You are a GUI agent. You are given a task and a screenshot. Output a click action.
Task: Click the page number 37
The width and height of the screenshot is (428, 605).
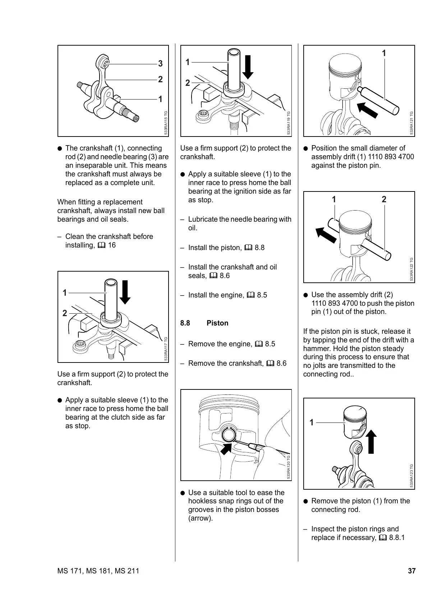(x=411, y=571)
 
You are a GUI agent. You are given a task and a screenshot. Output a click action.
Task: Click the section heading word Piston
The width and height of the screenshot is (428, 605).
(x=217, y=323)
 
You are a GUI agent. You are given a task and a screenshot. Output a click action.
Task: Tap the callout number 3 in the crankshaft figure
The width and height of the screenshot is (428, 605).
(x=160, y=64)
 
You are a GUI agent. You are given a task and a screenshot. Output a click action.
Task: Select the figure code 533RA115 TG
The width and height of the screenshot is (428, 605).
(x=166, y=123)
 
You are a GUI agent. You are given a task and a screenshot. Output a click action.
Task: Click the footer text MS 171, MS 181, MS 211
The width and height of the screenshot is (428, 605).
(x=98, y=571)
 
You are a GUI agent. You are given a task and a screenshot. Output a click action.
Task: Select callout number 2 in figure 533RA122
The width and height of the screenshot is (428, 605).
(x=384, y=199)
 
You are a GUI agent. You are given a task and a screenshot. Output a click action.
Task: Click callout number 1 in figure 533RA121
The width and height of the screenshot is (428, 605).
(x=384, y=53)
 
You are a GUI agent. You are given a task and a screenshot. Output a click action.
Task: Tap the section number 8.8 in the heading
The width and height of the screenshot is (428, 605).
(x=185, y=323)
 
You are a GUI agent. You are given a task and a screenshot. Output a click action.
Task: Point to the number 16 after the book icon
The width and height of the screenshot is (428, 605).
(x=112, y=245)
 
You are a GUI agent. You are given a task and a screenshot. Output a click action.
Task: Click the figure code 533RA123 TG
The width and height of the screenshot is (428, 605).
(x=411, y=476)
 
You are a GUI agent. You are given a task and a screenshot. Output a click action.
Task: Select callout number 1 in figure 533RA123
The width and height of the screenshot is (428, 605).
(x=312, y=422)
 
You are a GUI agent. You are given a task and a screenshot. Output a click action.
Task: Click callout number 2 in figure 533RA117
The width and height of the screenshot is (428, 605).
(x=65, y=313)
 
